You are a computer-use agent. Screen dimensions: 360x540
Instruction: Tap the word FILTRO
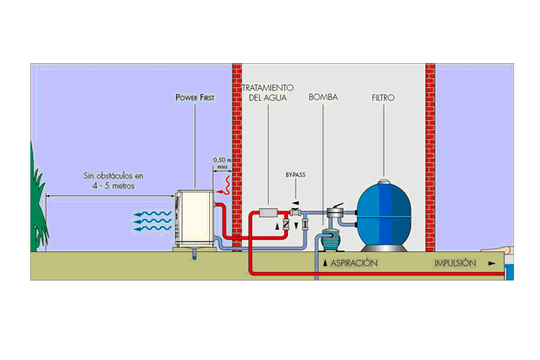pyautogui.click(x=382, y=98)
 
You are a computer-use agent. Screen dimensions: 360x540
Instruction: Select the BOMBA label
pyautogui.click(x=322, y=98)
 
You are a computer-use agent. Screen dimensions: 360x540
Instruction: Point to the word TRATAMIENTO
pyautogui.click(x=268, y=88)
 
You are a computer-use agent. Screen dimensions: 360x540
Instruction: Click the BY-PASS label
pyautogui.click(x=295, y=174)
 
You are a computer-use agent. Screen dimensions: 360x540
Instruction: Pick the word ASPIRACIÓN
pyautogui.click(x=353, y=262)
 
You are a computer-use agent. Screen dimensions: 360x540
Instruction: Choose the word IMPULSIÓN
pyautogui.click(x=454, y=262)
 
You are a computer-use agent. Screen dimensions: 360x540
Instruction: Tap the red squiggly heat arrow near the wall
pyautogui.click(x=227, y=183)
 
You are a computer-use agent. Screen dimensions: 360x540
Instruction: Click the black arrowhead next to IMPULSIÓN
pyautogui.click(x=492, y=263)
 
